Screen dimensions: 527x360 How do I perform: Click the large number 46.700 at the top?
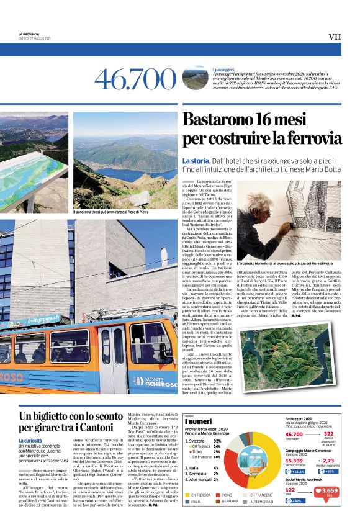[135, 79]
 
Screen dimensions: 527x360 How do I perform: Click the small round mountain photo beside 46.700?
[195, 78]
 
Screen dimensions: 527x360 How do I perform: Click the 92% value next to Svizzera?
[217, 440]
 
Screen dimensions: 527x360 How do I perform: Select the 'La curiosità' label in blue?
[31, 440]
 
